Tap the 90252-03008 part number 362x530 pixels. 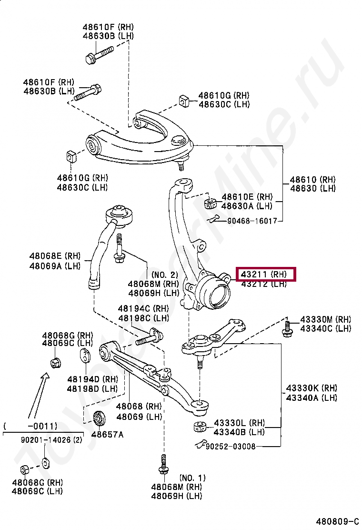(x=230, y=447)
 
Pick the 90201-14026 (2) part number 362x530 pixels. (x=51, y=440)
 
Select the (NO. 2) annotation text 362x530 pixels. (x=164, y=275)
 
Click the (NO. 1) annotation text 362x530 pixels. (x=192, y=478)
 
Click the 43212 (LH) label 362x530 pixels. (x=263, y=284)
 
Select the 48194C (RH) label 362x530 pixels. (x=143, y=309)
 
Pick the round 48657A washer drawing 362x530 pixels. (x=100, y=418)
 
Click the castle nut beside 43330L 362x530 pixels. (x=200, y=426)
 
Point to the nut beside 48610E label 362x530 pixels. (x=210, y=204)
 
